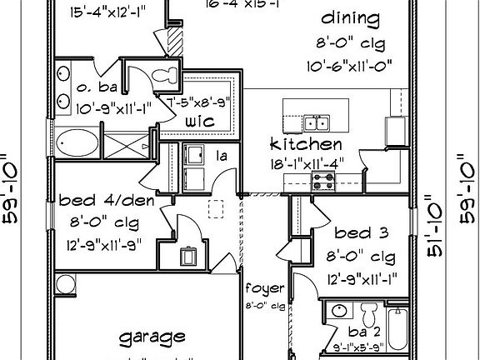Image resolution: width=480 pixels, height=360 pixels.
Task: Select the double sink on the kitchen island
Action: pos(316,123)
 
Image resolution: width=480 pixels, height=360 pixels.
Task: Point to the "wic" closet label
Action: pos(202,122)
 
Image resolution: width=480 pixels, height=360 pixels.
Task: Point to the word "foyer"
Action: pos(264,289)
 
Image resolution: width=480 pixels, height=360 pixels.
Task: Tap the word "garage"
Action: pos(152,337)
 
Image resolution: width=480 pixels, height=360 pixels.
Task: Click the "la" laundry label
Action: pos(223,155)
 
